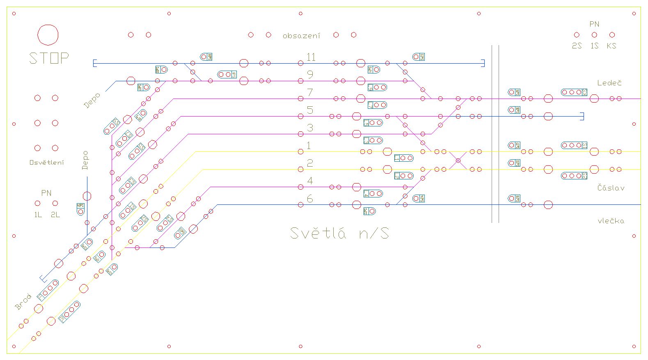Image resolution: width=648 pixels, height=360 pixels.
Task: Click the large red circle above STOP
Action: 48,34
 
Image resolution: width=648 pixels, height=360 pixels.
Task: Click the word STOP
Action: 49,58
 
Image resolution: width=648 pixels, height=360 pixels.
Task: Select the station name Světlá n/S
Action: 339,233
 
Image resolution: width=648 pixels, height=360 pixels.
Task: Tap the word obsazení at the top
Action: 301,36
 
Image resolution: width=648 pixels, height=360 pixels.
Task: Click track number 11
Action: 311,57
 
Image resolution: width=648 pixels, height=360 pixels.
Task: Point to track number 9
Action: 310,75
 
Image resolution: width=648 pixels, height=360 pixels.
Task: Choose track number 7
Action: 310,92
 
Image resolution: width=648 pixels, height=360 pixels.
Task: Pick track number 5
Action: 310,110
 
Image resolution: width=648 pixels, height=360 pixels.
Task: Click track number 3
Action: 310,128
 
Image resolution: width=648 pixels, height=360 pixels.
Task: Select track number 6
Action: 310,199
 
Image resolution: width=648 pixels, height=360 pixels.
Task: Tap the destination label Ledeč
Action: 609,83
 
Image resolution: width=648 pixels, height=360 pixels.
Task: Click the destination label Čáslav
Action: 611,188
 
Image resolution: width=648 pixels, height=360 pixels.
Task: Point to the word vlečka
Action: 611,221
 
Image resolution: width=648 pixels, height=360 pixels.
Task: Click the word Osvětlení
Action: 47,163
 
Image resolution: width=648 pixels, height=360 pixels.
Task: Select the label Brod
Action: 23,302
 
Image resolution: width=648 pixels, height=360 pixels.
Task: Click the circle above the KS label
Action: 612,35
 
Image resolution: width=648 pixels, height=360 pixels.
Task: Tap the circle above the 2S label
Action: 577,35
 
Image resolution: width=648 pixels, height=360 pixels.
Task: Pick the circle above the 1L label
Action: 37,203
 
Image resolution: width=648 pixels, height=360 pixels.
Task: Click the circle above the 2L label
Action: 55,203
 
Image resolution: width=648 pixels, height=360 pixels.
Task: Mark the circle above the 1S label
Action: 594,35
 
